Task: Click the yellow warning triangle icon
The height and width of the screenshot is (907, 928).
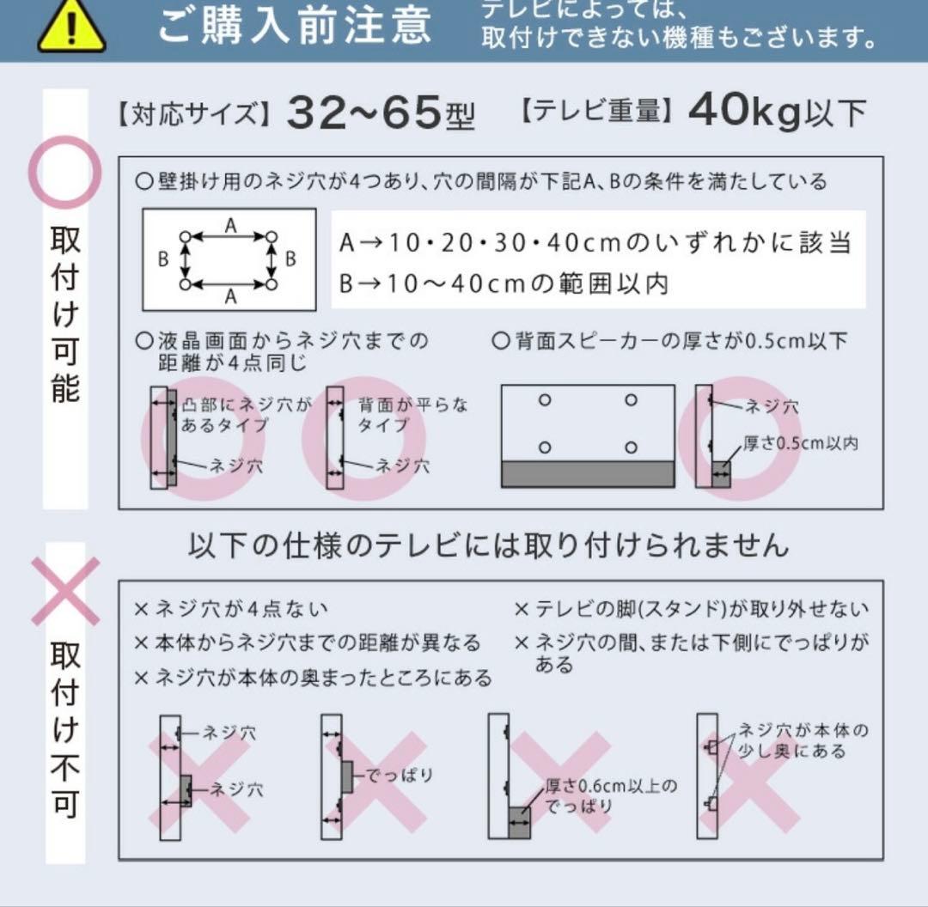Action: [x=71, y=27]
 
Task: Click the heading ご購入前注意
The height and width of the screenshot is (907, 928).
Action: [x=294, y=26]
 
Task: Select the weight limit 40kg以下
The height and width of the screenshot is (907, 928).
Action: [x=777, y=112]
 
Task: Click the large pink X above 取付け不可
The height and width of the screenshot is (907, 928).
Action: [x=65, y=591]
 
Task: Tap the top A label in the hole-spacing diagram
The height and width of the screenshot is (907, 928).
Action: [x=230, y=225]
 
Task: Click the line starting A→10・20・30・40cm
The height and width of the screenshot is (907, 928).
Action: [x=595, y=243]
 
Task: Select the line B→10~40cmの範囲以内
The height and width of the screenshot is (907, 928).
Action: [x=504, y=283]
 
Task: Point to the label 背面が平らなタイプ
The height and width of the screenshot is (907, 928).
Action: [x=412, y=414]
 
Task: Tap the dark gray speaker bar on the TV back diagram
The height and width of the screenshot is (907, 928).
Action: [x=588, y=473]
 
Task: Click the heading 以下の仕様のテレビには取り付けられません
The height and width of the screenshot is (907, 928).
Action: [x=488, y=545]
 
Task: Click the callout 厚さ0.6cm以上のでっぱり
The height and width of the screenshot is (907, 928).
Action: [x=610, y=795]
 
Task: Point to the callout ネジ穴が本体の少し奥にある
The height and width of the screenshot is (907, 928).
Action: [x=803, y=740]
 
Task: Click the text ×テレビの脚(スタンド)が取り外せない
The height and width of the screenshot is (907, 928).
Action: [x=691, y=610]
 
